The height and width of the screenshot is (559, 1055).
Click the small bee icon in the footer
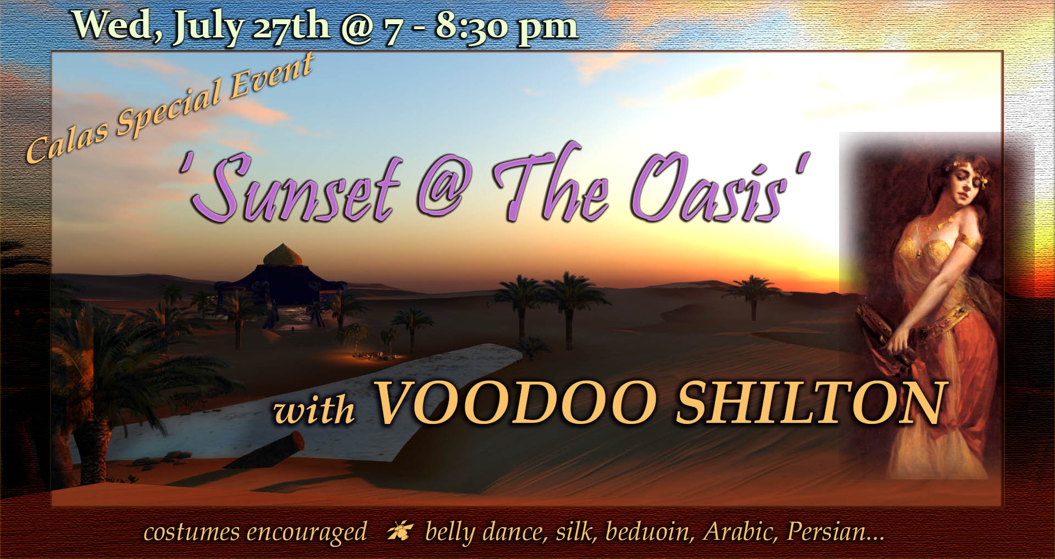[x=397, y=532]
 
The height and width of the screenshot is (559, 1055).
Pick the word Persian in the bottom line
[x=835, y=532]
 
